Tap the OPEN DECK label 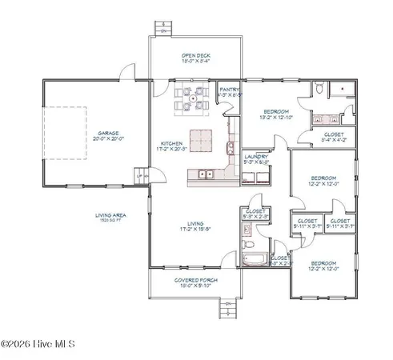point(195,56)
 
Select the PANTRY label point(230,91)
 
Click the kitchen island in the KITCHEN point(203,139)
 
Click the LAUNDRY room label point(255,157)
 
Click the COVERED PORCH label point(194,280)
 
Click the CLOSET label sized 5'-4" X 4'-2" point(334,138)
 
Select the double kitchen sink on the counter point(205,174)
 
